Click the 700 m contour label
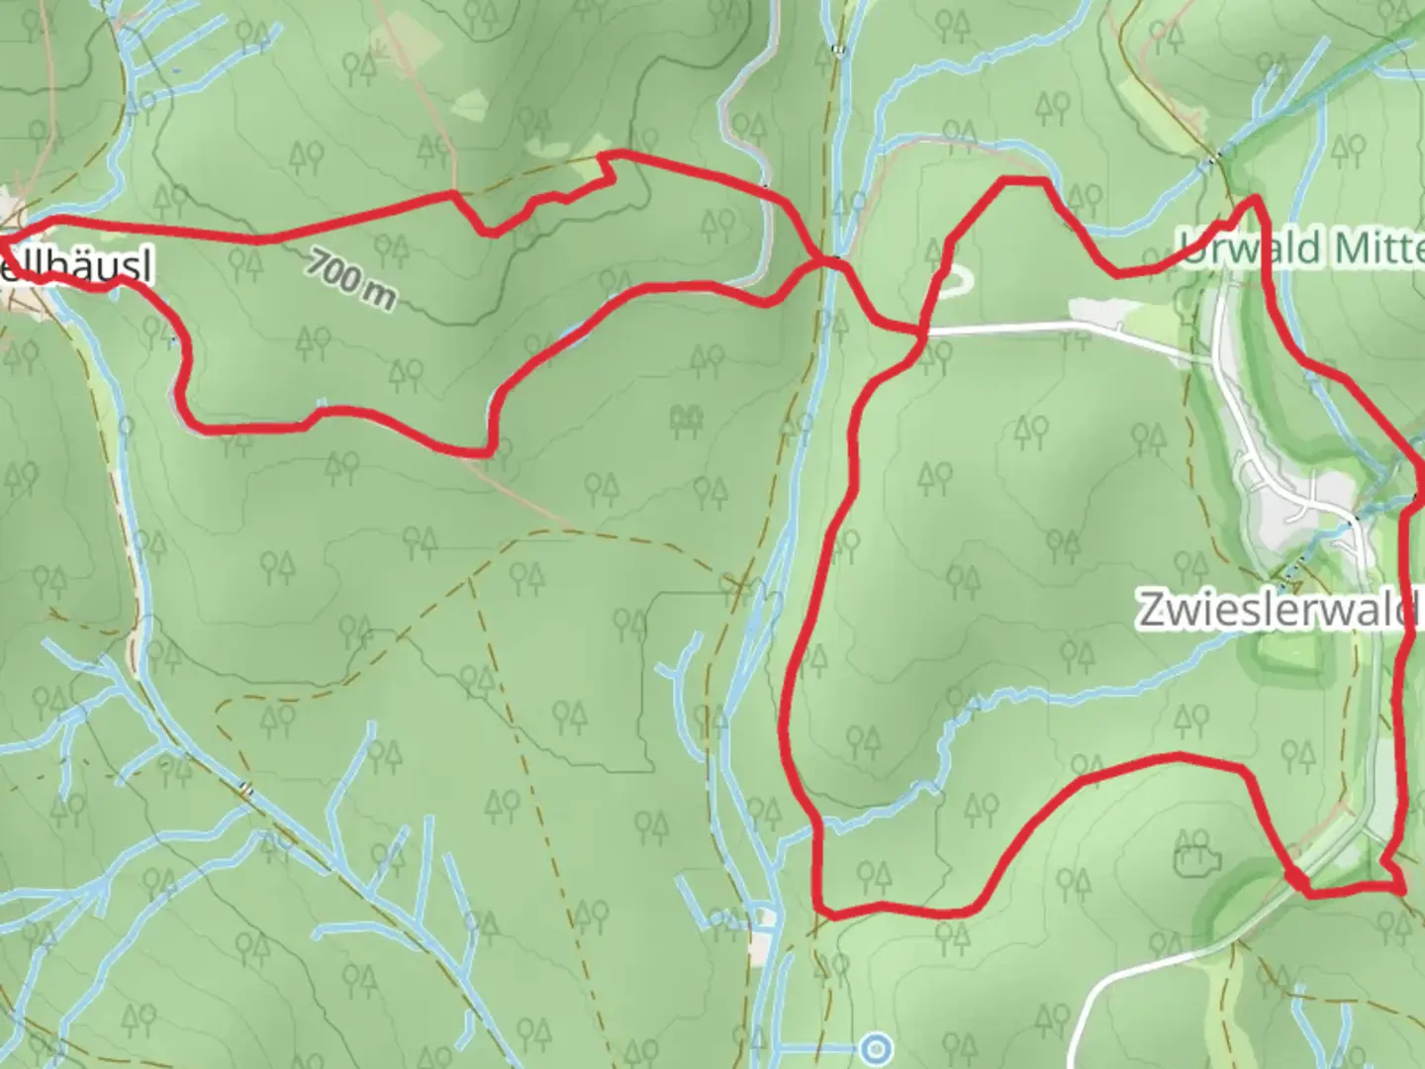(349, 279)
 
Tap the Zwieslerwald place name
(1277, 609)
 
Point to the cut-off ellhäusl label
(75, 268)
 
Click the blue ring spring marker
(876, 1046)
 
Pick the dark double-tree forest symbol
(685, 421)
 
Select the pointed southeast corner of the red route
(1401, 888)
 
